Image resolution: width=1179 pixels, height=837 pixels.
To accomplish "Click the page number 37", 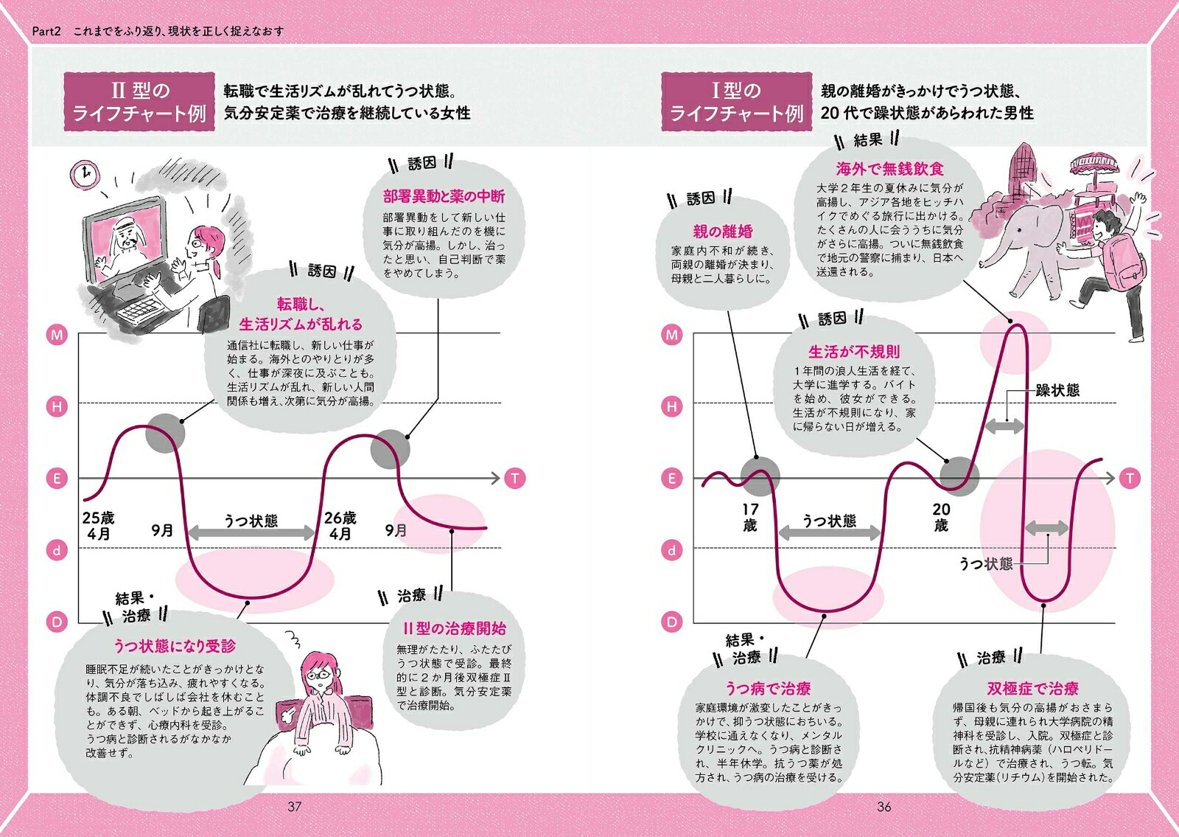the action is [x=294, y=807].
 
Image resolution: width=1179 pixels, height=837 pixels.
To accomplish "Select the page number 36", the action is [x=884, y=807].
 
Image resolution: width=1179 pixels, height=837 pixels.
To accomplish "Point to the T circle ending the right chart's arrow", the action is [x=1130, y=479].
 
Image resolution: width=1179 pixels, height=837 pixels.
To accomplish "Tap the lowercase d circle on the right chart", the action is [x=671, y=550].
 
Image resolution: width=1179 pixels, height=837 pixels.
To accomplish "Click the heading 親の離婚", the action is [x=723, y=232].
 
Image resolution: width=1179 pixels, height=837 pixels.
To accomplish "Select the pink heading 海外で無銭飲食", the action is [x=889, y=169].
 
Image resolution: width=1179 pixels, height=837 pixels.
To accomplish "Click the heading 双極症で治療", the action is [x=1032, y=689].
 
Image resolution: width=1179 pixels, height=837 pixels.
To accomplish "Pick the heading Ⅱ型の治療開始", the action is [x=455, y=628].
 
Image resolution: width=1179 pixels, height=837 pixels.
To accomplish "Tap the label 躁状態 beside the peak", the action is [x=1057, y=390].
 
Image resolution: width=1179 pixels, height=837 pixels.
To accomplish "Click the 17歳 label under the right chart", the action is [x=750, y=517].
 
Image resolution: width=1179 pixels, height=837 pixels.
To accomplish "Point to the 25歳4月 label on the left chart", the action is [x=99, y=526].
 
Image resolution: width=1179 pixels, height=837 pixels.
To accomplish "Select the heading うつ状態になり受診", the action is [x=175, y=646].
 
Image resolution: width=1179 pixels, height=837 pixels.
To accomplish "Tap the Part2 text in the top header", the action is [x=46, y=31].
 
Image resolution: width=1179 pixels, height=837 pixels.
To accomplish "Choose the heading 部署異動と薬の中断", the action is [x=444, y=196].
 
